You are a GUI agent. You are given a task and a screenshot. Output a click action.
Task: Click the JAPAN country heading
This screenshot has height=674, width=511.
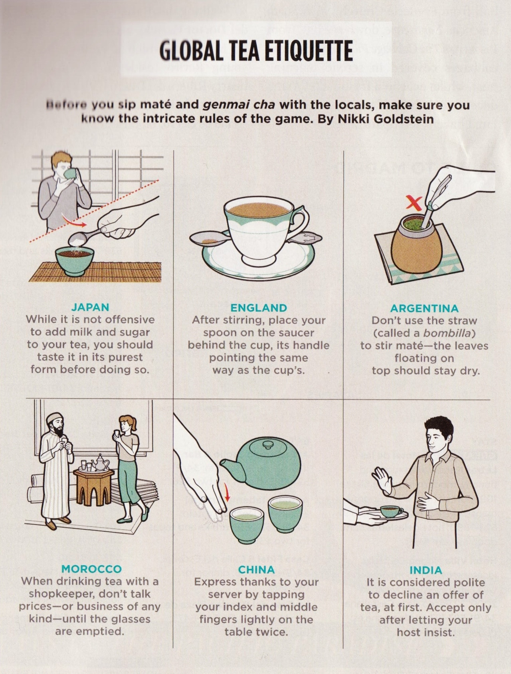click(90, 307)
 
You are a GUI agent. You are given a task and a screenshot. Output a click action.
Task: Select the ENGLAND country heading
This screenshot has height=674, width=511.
click(259, 308)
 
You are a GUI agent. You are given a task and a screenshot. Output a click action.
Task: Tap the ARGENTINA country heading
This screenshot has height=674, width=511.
click(424, 308)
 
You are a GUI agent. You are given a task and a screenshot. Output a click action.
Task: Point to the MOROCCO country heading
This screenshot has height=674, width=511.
click(91, 568)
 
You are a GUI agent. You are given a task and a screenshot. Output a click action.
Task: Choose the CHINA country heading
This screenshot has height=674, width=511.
click(256, 569)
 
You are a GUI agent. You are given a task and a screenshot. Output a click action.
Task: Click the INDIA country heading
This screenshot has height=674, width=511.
click(426, 570)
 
